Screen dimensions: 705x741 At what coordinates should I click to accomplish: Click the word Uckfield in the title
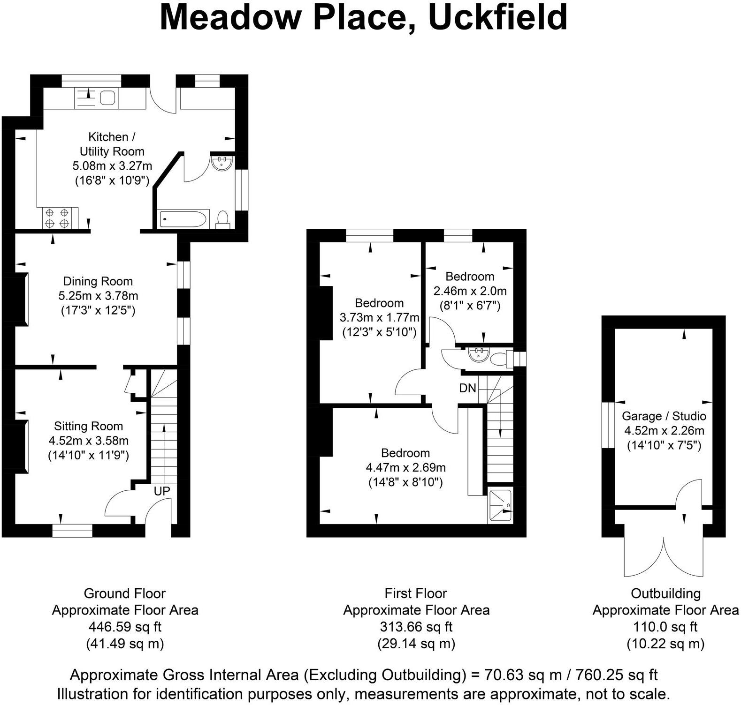point(497,18)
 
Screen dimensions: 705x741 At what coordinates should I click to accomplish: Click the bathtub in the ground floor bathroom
point(182,219)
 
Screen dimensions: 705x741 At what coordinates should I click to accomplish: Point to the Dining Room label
point(98,281)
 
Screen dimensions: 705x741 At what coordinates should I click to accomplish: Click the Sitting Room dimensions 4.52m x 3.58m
point(89,441)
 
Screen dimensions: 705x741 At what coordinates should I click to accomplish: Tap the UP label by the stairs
point(162,491)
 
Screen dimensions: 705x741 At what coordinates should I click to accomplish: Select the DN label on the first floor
point(467,388)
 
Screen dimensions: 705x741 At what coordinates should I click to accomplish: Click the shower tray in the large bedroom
point(500,505)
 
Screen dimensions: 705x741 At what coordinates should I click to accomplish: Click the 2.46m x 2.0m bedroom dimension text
point(470,291)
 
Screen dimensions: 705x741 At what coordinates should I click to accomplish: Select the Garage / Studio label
point(664,416)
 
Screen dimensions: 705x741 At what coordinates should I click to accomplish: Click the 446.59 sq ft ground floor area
point(125,627)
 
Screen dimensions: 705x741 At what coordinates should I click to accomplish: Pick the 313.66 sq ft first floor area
point(416,627)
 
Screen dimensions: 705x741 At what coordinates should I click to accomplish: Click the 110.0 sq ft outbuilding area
point(665,627)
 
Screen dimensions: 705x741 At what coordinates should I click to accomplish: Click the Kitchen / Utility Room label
point(112,144)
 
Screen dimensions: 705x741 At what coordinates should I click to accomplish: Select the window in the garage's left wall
point(608,425)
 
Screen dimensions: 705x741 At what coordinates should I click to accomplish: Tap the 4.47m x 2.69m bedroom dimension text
point(405,467)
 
